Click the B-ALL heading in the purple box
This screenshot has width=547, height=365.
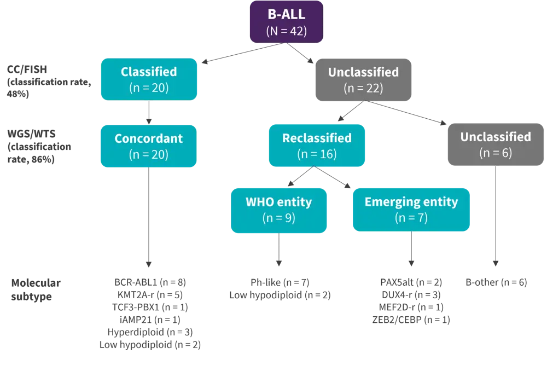(x=286, y=15)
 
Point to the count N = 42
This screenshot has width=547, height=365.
(x=286, y=31)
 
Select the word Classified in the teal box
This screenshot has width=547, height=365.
(x=149, y=72)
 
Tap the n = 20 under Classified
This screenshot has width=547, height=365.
(x=149, y=88)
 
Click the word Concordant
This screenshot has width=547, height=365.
(x=148, y=138)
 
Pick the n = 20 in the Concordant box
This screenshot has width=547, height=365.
(x=148, y=154)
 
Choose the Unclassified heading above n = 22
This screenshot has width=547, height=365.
(x=363, y=72)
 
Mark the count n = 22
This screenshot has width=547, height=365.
(x=363, y=88)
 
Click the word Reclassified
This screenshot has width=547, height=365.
(x=317, y=138)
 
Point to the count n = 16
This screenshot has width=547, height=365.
(x=317, y=154)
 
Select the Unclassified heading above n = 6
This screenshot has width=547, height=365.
(x=496, y=137)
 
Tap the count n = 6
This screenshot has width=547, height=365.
(x=496, y=153)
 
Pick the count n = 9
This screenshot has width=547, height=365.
(x=279, y=218)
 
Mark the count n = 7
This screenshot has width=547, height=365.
(x=411, y=218)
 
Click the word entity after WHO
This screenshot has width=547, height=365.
(x=294, y=202)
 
